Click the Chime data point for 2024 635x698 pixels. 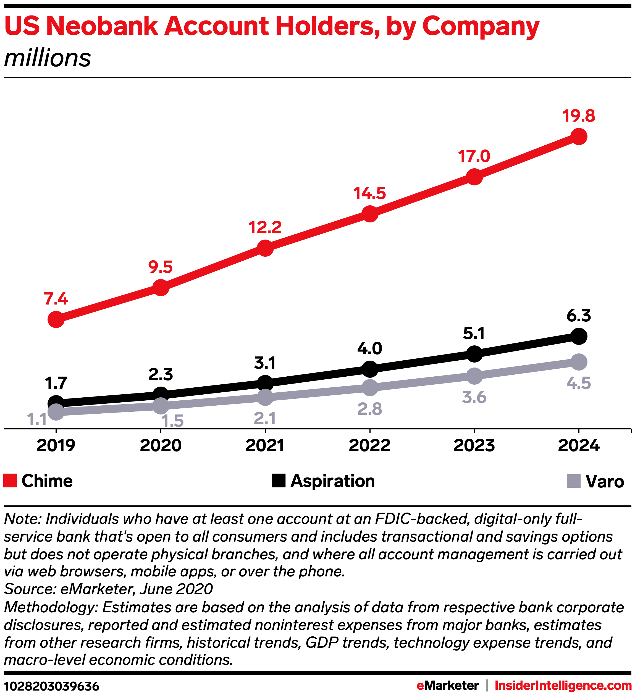click(x=579, y=137)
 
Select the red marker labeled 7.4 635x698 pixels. click(x=56, y=319)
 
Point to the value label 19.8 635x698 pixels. click(x=579, y=116)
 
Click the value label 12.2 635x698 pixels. click(x=265, y=227)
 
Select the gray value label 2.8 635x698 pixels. click(x=370, y=409)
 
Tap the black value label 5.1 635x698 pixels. click(x=474, y=334)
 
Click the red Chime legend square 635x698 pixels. click(x=10, y=481)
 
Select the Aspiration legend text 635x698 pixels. click(x=332, y=481)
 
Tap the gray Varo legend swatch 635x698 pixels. click(x=573, y=481)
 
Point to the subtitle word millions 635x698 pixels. click(x=48, y=58)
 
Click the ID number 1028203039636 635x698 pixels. click(x=52, y=686)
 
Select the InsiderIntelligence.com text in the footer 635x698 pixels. click(x=563, y=686)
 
